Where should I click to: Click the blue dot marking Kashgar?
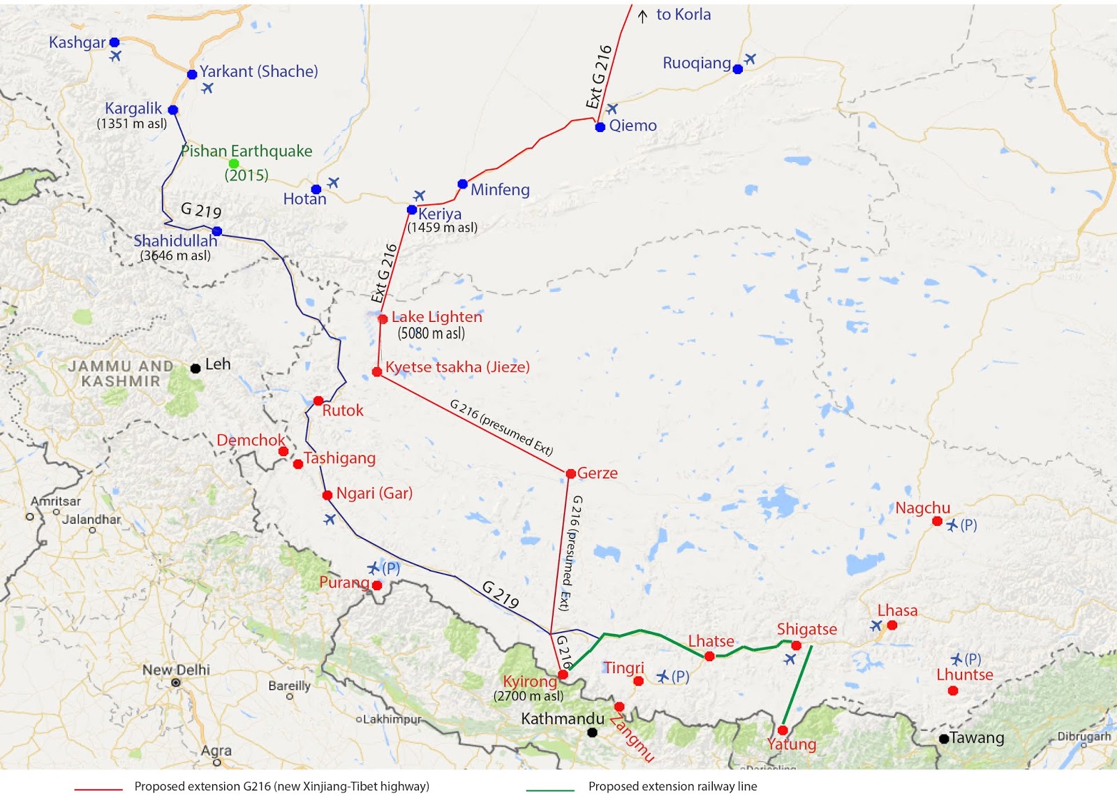114,43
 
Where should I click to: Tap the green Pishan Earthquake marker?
234,163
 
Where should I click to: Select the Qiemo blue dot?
600,126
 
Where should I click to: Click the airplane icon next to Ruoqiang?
750,59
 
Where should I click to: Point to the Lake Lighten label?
436,317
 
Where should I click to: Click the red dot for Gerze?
570,473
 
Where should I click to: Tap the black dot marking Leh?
195,368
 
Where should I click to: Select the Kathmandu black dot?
592,732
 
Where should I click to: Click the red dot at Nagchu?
937,521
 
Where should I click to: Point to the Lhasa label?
897,610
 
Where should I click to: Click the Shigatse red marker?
796,645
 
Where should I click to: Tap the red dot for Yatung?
782,730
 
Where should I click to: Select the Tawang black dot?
944,738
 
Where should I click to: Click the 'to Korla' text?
683,15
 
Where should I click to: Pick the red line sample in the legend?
98,789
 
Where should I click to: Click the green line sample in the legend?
550,789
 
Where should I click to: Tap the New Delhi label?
176,670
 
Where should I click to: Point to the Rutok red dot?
318,401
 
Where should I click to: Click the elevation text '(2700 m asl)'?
528,696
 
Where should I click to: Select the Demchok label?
251,440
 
